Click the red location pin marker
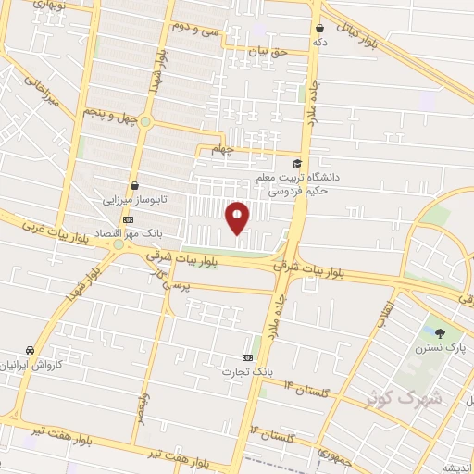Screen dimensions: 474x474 click(x=237, y=217)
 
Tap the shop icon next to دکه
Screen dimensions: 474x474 click(x=319, y=29)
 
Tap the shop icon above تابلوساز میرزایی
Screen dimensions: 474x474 click(x=135, y=184)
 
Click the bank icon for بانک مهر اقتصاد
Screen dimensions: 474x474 click(x=128, y=219)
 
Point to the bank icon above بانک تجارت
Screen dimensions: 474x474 click(x=247, y=356)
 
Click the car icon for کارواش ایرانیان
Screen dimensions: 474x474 click(x=32, y=351)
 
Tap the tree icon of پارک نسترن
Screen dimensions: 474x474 click(x=440, y=334)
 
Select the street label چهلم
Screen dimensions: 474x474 click(x=225, y=149)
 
